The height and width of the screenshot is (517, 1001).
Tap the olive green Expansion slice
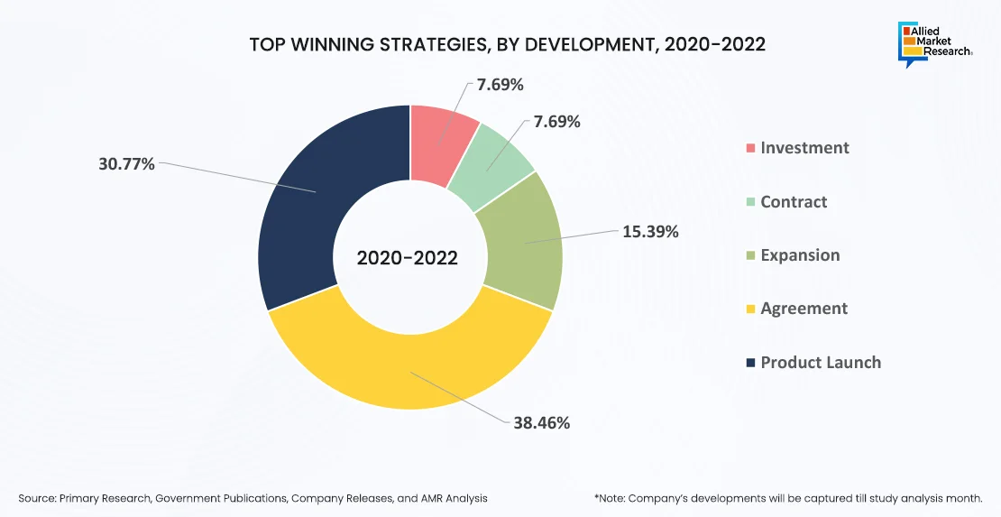coord(523,242)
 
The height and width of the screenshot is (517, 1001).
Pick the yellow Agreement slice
coord(410,361)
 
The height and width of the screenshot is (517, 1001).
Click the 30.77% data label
coord(126,164)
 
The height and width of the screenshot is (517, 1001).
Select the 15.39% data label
coord(650,231)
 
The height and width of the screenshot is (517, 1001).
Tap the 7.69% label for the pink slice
coord(500,85)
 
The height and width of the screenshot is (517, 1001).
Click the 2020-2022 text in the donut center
coord(408,258)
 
